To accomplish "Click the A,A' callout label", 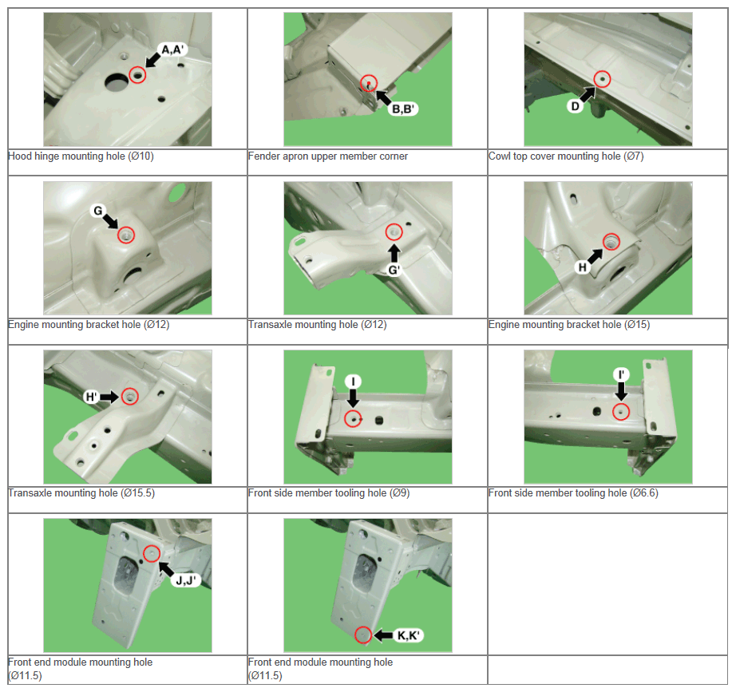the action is pyautogui.click(x=173, y=49).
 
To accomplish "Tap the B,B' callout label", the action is pyautogui.click(x=403, y=109).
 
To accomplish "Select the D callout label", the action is pyautogui.click(x=575, y=107).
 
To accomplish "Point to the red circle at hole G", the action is pyautogui.click(x=126, y=235).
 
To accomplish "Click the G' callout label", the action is pyautogui.click(x=394, y=270).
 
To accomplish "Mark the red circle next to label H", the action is pyautogui.click(x=611, y=241).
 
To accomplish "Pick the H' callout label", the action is pyautogui.click(x=91, y=397).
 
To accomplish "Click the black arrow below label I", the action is pyautogui.click(x=353, y=397).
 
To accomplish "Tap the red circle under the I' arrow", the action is pyautogui.click(x=621, y=412).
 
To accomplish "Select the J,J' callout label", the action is pyautogui.click(x=186, y=581).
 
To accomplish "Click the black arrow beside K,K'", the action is pyautogui.click(x=383, y=635).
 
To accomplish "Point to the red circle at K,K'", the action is pyautogui.click(x=363, y=635).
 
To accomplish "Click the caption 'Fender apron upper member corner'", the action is pyautogui.click(x=327, y=156).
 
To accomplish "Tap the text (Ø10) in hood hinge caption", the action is pyautogui.click(x=140, y=156).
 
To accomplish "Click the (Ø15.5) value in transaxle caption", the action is pyautogui.click(x=137, y=493).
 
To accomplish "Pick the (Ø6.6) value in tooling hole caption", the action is pyautogui.click(x=643, y=493).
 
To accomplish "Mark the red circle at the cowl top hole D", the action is pyautogui.click(x=602, y=79).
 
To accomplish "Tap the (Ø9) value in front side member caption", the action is pyautogui.click(x=399, y=493).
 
